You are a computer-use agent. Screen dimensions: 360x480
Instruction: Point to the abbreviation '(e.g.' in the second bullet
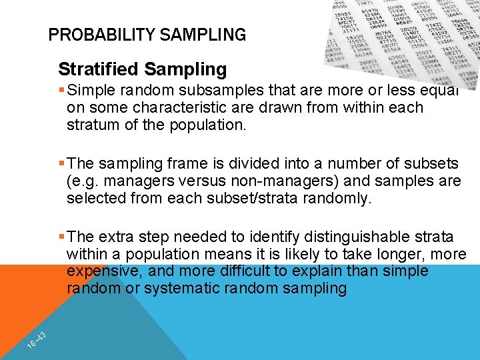(x=81, y=181)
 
